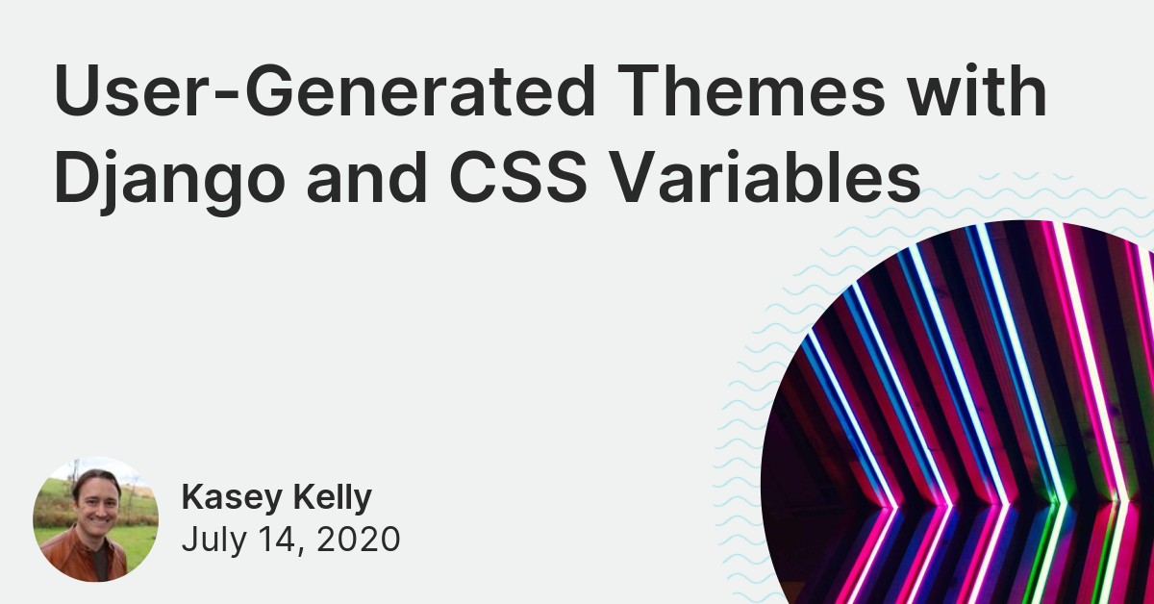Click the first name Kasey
point(228,498)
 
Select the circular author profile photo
point(95,520)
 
